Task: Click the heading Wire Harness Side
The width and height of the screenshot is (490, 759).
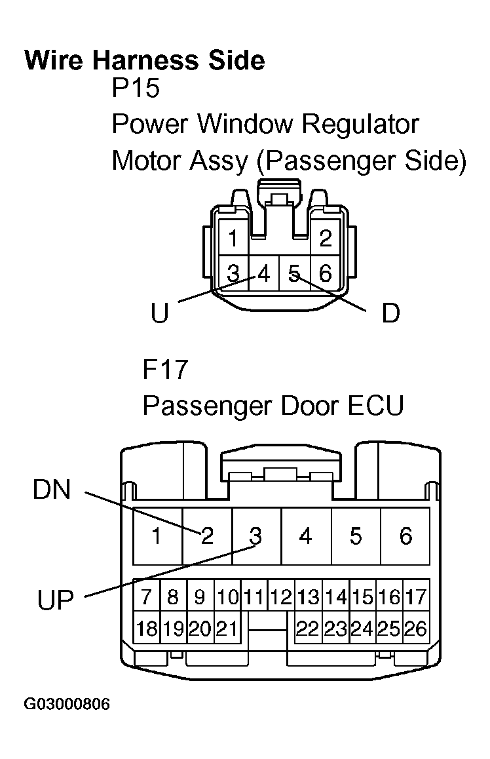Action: coord(145,60)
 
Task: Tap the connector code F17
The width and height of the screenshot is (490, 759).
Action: coord(166,370)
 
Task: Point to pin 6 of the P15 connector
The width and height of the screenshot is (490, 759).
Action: coord(325,273)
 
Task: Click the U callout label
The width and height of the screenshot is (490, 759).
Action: coord(159,314)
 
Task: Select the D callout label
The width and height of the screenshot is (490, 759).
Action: coord(390,314)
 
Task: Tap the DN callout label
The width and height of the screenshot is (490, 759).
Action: coord(52,490)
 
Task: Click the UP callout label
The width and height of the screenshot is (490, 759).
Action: coord(56,598)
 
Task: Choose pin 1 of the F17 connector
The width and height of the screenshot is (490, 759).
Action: coord(157,536)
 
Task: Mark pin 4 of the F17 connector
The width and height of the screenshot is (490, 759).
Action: coord(305,536)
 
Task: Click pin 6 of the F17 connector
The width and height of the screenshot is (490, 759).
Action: coord(405,536)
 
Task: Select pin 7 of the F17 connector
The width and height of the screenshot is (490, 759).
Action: coord(147,597)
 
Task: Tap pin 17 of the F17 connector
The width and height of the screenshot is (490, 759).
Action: coord(416,597)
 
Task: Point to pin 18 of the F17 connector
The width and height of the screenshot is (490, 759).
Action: coord(147,629)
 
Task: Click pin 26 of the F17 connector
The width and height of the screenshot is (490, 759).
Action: coord(416,629)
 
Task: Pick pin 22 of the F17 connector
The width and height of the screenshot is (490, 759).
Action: coord(308,629)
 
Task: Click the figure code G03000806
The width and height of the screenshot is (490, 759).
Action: coord(67,705)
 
